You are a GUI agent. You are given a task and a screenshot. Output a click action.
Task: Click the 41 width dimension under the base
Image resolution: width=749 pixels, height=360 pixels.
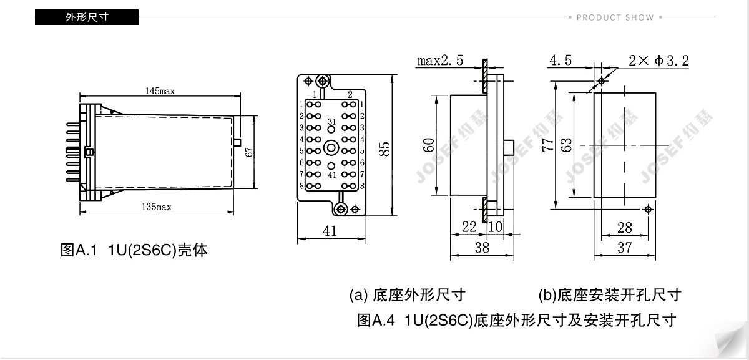click(330, 231)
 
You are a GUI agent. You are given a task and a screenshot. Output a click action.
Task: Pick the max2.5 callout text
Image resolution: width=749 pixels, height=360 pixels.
click(441, 61)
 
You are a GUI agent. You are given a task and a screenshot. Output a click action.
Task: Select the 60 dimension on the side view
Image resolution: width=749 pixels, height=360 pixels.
click(428, 145)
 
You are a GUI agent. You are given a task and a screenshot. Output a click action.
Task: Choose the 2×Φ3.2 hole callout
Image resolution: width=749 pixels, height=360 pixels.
click(658, 61)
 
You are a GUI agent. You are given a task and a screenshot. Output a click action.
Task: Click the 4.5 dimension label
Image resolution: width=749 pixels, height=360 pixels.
click(560, 61)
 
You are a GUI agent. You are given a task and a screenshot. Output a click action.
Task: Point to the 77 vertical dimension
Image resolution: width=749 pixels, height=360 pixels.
click(547, 145)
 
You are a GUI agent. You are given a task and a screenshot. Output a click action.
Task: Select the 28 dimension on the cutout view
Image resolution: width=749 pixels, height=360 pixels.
click(624, 228)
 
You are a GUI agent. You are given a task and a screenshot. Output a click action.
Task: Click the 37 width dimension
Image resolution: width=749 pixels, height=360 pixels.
click(624, 247)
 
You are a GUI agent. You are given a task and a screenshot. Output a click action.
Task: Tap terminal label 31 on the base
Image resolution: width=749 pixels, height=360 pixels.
click(331, 122)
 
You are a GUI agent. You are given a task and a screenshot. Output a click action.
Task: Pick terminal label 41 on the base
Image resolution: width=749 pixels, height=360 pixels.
click(331, 175)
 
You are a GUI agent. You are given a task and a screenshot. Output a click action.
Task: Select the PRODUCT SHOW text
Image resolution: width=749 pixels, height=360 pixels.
click(615, 17)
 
